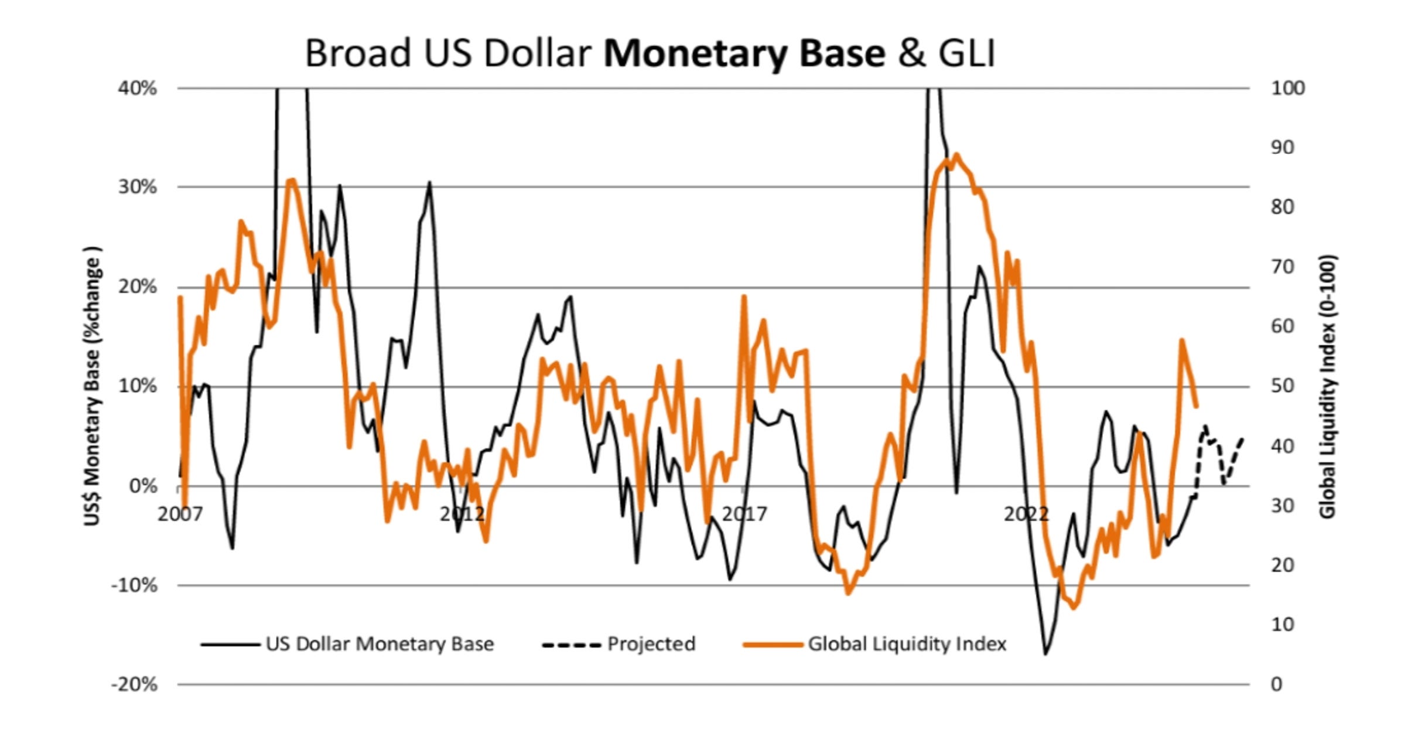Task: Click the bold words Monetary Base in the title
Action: (744, 54)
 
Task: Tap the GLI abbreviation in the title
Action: (966, 54)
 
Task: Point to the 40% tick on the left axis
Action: (138, 88)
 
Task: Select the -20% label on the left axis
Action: (135, 684)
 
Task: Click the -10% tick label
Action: (135, 585)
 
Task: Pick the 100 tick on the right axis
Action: (1287, 88)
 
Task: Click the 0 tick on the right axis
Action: (1276, 684)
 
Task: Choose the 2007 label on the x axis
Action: (180, 514)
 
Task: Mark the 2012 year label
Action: (462, 514)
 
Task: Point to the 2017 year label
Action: (744, 514)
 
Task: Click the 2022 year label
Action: (1026, 514)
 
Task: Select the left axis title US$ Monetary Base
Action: (93, 387)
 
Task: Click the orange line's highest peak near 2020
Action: (956, 155)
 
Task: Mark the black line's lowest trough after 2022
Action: (1045, 653)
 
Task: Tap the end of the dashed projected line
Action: (1242, 439)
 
